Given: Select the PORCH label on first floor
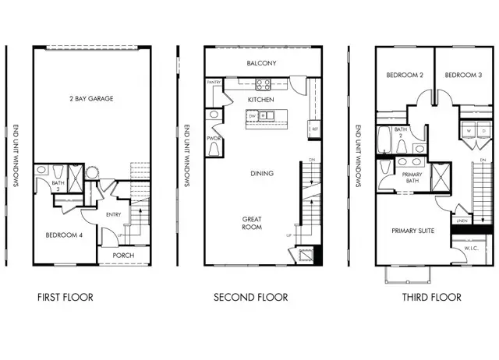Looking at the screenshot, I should click(124, 255).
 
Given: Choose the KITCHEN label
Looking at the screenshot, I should click(260, 101).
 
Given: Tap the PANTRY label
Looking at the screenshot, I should click(214, 82).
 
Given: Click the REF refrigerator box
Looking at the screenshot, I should click(314, 129).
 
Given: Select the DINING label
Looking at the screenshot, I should click(261, 173).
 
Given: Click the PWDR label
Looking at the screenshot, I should click(213, 139).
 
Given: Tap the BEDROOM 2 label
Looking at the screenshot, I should click(404, 76).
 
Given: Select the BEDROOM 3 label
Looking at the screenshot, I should click(463, 76).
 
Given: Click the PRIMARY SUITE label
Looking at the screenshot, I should click(413, 231).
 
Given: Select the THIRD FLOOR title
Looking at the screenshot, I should click(431, 297).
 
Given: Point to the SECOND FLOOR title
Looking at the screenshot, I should click(250, 297).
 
